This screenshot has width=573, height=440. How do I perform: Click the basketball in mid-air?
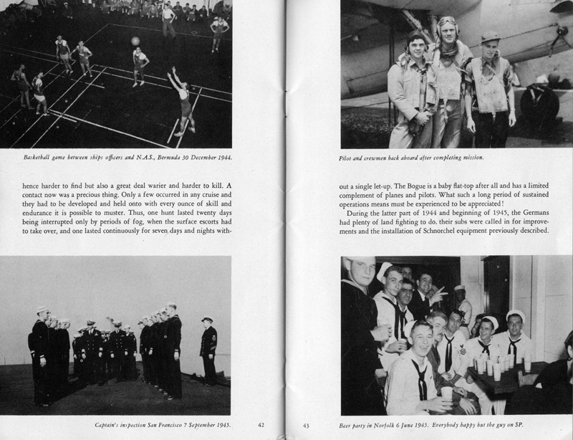(x=135, y=41)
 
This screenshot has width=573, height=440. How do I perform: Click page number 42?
(x=261, y=425)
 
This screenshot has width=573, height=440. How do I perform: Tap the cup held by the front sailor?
(x=448, y=393)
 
